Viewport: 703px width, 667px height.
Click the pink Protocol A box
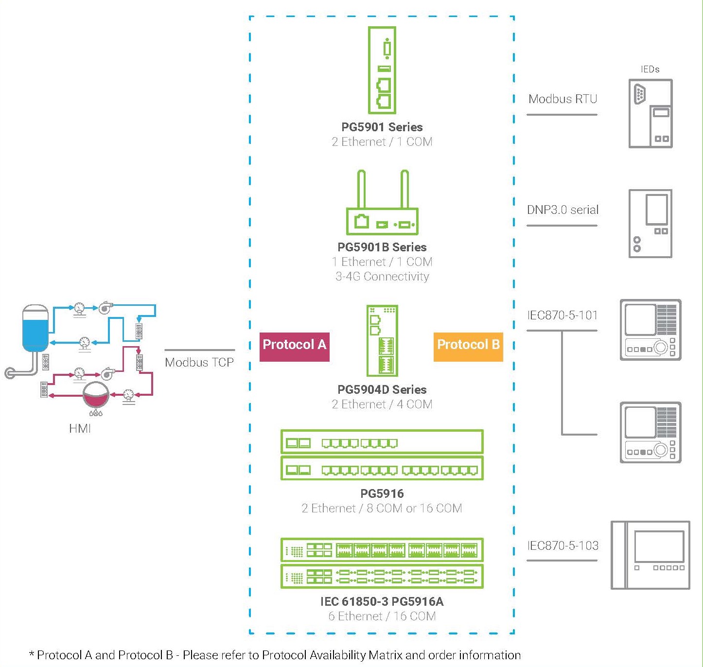pyautogui.click(x=294, y=346)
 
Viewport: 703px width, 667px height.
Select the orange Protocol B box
pyautogui.click(x=468, y=346)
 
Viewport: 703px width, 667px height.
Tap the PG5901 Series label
pyautogui.click(x=382, y=127)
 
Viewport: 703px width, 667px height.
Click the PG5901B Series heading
pyautogui.click(x=382, y=247)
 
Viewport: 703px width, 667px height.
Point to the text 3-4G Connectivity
pyautogui.click(x=382, y=277)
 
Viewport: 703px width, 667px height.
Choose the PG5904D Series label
pyautogui.click(x=382, y=390)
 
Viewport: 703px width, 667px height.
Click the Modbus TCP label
pyautogui.click(x=199, y=363)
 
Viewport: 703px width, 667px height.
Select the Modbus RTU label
pyautogui.click(x=562, y=99)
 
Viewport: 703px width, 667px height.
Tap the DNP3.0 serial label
pyautogui.click(x=562, y=210)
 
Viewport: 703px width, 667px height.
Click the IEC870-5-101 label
pyautogui.click(x=562, y=316)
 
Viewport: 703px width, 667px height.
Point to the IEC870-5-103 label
pyautogui.click(x=562, y=546)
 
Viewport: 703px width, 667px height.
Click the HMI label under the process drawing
pyautogui.click(x=80, y=429)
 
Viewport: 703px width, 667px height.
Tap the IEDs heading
pyautogui.click(x=650, y=70)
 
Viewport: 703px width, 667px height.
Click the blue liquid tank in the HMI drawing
pyautogui.click(x=35, y=328)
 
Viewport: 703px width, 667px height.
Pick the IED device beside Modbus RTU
pyautogui.click(x=650, y=114)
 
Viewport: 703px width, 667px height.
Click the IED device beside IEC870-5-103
pyautogui.click(x=650, y=555)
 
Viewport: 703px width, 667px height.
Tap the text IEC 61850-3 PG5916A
pyautogui.click(x=382, y=602)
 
